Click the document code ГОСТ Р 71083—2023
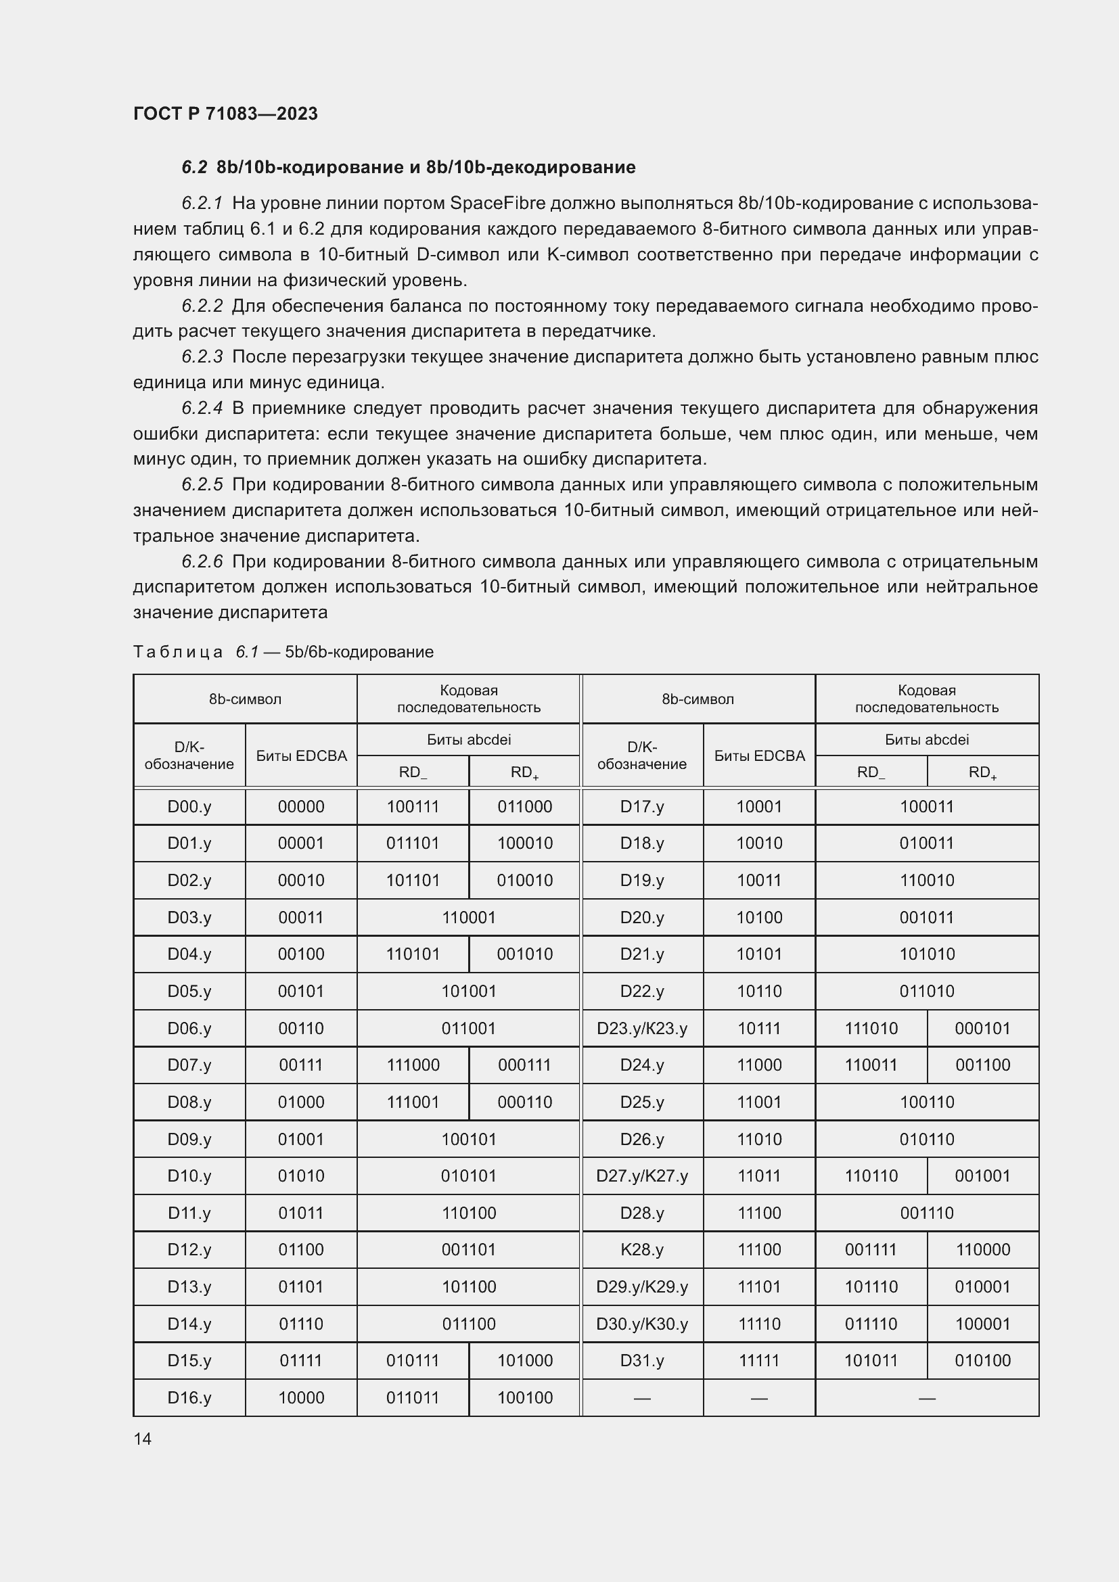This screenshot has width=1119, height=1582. pyautogui.click(x=225, y=114)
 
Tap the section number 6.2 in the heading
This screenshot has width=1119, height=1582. pyautogui.click(x=194, y=168)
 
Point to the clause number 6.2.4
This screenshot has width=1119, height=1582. pyautogui.click(x=202, y=408)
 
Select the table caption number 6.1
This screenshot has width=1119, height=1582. pyautogui.click(x=247, y=652)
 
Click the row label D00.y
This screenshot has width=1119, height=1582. pyautogui.click(x=189, y=807)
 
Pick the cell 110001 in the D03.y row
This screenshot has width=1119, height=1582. pyautogui.click(x=469, y=918)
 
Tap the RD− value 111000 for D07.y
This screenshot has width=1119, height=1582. pyautogui.click(x=413, y=1065)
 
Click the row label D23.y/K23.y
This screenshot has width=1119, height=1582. pyautogui.click(x=642, y=1029)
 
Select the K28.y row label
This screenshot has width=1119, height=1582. pyautogui.click(x=642, y=1250)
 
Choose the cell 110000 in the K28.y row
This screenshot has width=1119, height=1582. pyautogui.click(x=982, y=1250)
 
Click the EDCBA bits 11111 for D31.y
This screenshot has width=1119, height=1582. pyautogui.click(x=758, y=1361)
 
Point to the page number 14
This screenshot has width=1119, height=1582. pyautogui.click(x=143, y=1439)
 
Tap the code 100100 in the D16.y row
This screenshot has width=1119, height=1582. pyautogui.click(x=524, y=1398)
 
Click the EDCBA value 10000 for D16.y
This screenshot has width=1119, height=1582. pyautogui.click(x=301, y=1398)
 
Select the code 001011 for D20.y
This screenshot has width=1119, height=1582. pyautogui.click(x=927, y=918)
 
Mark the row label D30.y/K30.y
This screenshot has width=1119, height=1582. pyautogui.click(x=642, y=1324)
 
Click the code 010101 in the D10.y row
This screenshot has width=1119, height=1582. pyautogui.click(x=469, y=1176)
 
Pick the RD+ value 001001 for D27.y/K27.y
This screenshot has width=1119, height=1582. pyautogui.click(x=982, y=1176)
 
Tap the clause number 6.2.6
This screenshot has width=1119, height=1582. pyautogui.click(x=202, y=561)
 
